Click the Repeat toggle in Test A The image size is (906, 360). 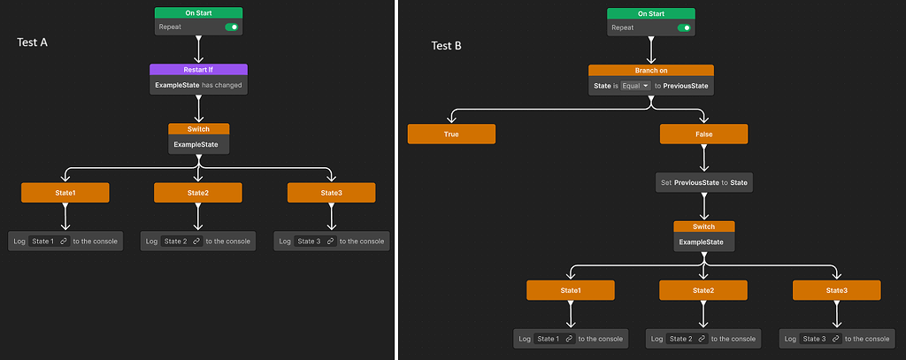click(x=232, y=27)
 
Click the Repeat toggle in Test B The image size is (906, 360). click(x=684, y=28)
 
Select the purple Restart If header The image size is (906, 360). click(x=198, y=69)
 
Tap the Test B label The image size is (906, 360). click(x=446, y=46)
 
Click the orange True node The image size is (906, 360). click(x=451, y=134)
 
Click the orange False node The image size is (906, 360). click(x=703, y=134)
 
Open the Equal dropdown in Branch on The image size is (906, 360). click(x=635, y=86)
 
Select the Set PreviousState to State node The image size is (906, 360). click(x=703, y=183)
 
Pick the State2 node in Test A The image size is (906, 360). click(x=198, y=193)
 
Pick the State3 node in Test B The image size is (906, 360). click(x=836, y=290)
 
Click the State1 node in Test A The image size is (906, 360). click(x=65, y=193)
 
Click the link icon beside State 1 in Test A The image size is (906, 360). click(x=63, y=241)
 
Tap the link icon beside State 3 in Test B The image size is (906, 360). click(x=834, y=339)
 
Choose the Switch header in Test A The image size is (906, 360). click(x=198, y=129)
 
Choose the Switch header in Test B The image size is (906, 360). click(x=703, y=226)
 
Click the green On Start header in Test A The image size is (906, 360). click(x=198, y=13)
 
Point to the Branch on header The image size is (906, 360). click(x=650, y=70)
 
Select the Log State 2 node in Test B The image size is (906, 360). click(x=703, y=339)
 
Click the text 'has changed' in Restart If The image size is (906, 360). click(x=221, y=85)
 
